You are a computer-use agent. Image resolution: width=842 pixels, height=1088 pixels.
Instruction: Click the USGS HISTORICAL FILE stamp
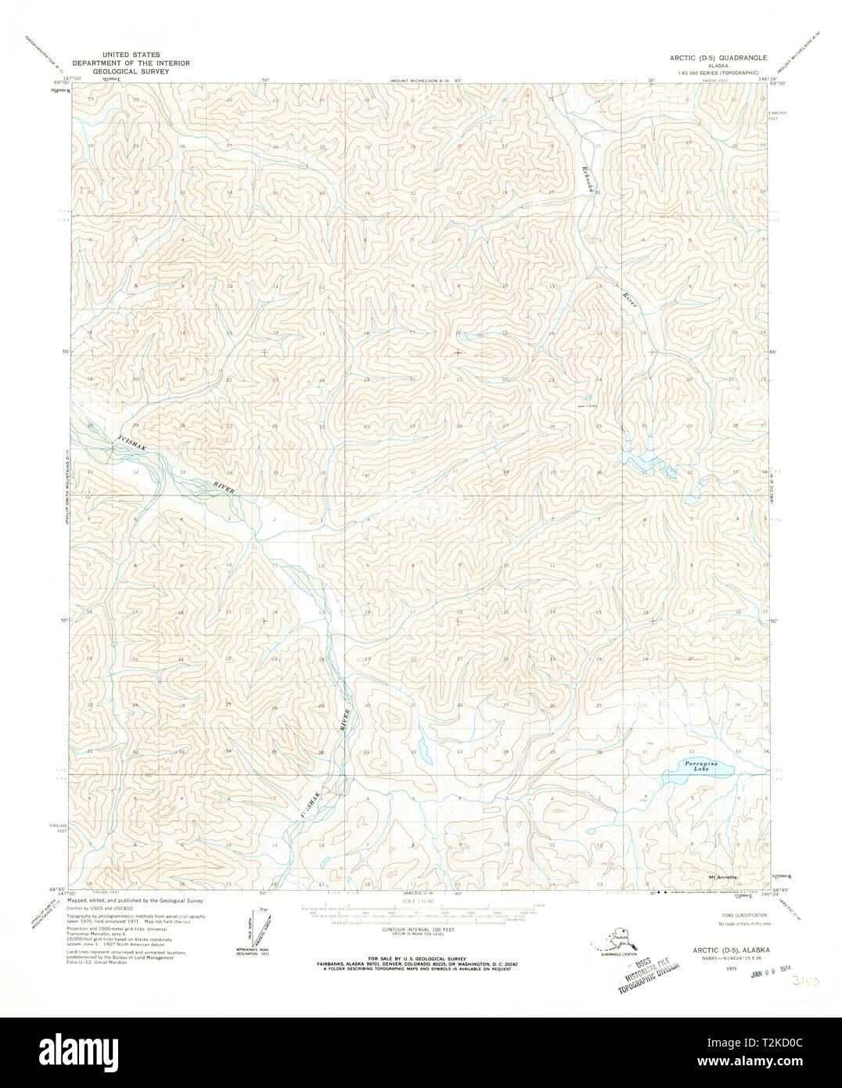646,964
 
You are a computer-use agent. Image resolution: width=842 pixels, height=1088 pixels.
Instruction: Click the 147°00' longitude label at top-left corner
73,79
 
